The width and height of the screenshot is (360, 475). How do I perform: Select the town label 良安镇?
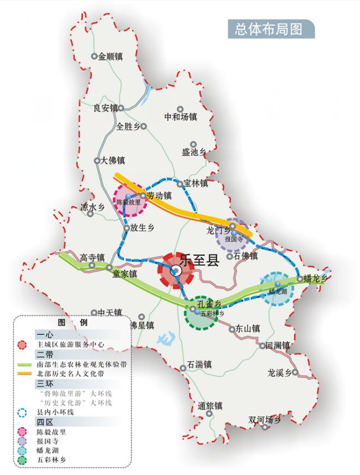pyautogui.click(x=105, y=108)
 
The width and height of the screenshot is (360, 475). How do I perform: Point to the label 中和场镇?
pyautogui.click(x=181, y=116)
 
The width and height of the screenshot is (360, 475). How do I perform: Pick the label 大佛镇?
pyautogui.click(x=113, y=161)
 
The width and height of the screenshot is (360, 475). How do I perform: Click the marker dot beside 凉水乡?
pyautogui.click(x=90, y=214)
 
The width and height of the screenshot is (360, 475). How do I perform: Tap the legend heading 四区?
pyautogui.click(x=45, y=422)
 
